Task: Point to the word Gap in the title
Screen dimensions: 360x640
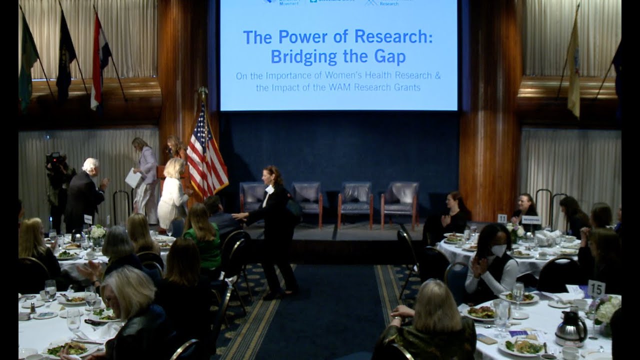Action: coord(388,57)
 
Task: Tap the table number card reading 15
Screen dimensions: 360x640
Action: coord(596,288)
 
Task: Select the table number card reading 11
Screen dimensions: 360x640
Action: coord(502,218)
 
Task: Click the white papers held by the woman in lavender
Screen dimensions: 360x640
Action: coord(132,178)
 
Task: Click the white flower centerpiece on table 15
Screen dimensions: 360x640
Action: coord(607,310)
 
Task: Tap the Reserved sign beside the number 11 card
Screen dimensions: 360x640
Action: coord(531,219)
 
